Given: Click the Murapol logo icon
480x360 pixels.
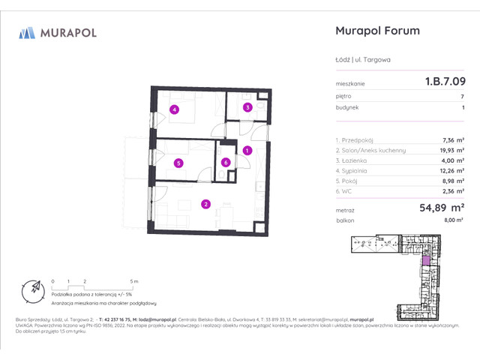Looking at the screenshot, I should [27, 32].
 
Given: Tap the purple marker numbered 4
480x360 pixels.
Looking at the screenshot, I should [174, 109].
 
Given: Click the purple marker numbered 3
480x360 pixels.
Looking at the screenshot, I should [247, 108].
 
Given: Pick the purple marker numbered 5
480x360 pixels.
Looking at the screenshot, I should [178, 162].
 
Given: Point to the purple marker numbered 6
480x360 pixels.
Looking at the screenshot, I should [226, 162].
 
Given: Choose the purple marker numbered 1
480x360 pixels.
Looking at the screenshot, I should [247, 151].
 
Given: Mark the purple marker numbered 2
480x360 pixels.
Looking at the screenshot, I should [205, 203].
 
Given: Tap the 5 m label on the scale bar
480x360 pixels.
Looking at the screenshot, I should [133, 280].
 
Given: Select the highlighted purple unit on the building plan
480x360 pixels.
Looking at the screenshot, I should [425, 259].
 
